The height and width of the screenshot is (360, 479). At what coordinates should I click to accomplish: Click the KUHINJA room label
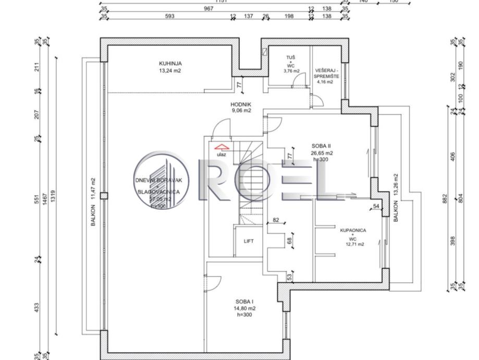click(x=170, y=64)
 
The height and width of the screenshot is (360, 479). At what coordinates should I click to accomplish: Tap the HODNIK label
click(x=241, y=104)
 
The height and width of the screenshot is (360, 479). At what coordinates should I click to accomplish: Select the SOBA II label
click(x=322, y=146)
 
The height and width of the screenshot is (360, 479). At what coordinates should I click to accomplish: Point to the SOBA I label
click(x=244, y=302)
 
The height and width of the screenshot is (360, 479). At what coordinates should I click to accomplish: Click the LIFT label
click(x=249, y=241)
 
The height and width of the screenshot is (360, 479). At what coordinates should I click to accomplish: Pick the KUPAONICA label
click(x=353, y=230)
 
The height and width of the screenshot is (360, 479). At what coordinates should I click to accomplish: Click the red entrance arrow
click(x=221, y=148)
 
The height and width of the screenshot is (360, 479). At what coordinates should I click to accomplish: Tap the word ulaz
click(x=222, y=155)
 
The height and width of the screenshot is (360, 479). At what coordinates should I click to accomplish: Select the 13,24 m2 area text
click(x=170, y=71)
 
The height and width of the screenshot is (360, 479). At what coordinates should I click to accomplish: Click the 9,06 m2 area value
click(x=241, y=111)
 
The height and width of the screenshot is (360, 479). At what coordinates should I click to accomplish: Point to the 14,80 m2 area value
click(x=244, y=308)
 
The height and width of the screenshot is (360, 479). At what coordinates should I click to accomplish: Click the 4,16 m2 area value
click(x=327, y=82)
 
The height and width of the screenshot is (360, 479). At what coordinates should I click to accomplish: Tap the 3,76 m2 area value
click(x=291, y=71)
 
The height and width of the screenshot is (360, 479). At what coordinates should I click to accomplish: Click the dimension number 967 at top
click(x=208, y=8)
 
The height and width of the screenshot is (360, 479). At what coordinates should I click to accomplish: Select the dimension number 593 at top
click(x=170, y=16)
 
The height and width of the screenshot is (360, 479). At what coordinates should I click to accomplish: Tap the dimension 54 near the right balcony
click(x=376, y=207)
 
